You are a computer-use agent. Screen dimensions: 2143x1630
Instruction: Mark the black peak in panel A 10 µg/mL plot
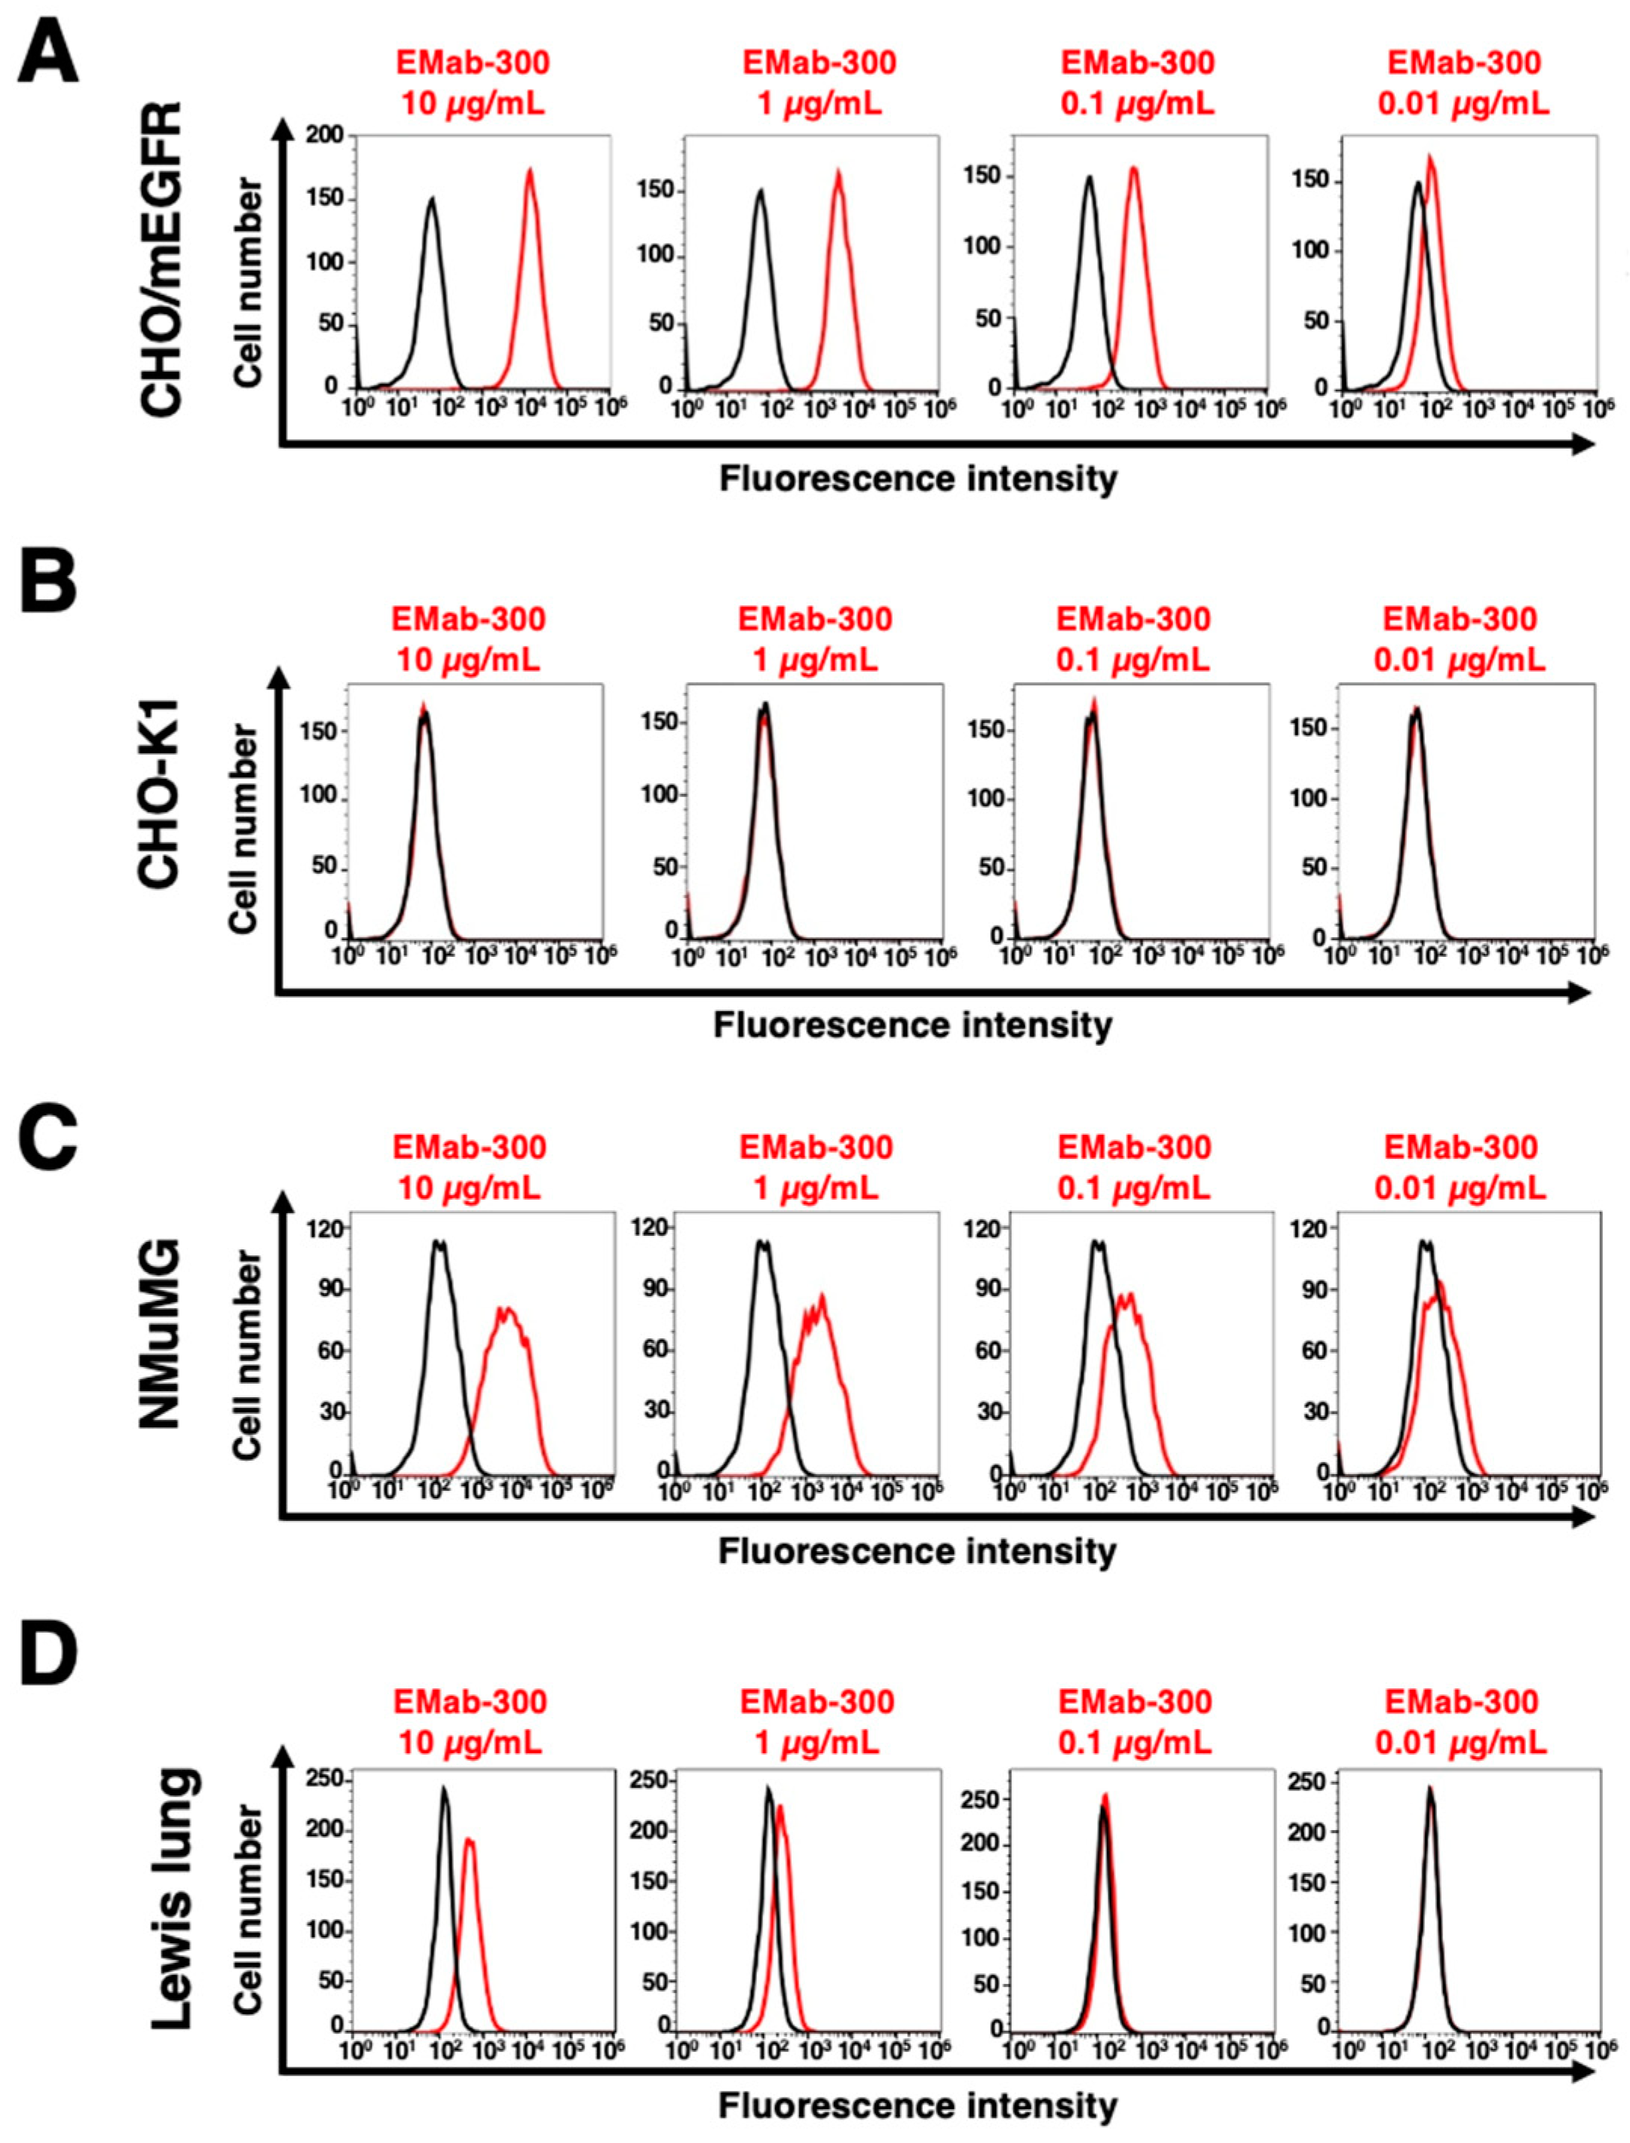point(433,199)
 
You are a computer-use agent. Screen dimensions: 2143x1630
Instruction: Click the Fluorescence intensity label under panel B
point(913,1026)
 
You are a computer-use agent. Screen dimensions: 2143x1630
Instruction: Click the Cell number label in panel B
point(244,829)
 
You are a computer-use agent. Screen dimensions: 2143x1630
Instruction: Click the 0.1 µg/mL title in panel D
point(1134,1743)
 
